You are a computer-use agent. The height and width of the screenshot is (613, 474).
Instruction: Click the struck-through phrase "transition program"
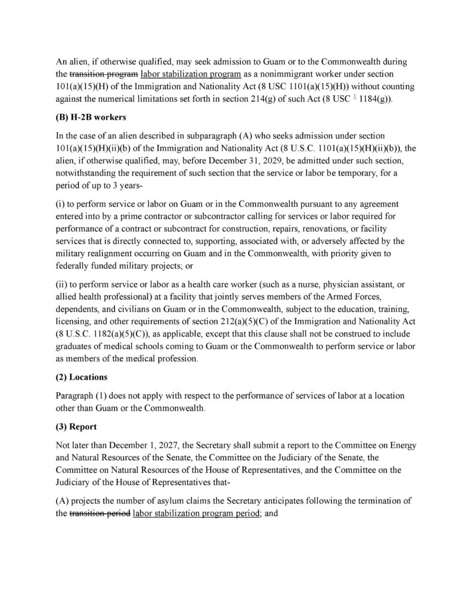104,74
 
